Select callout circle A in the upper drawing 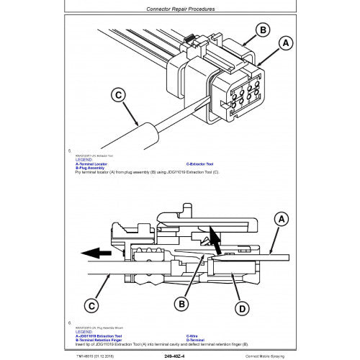[x=285, y=43]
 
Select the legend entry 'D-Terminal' [x=195, y=340]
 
